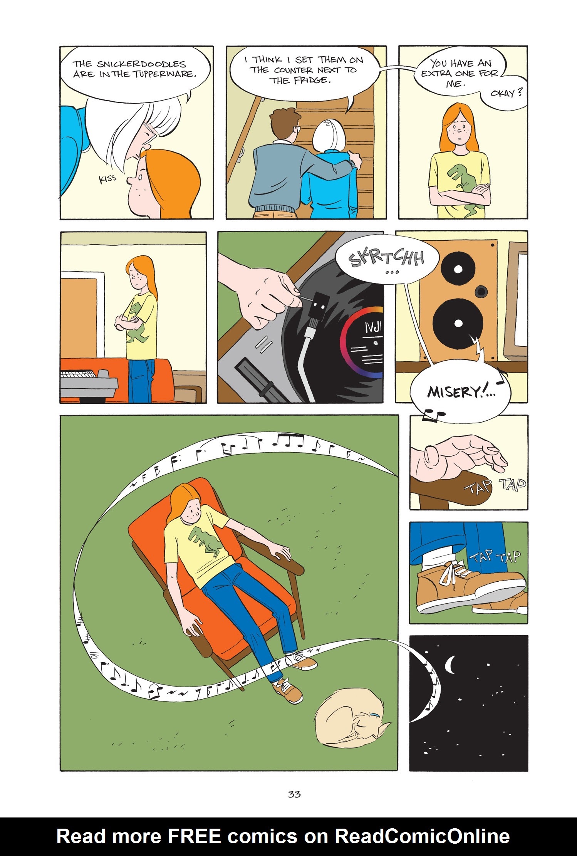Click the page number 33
coord(294,794)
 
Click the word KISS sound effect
coord(107,179)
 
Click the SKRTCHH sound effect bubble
coord(386,258)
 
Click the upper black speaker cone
coord(458,269)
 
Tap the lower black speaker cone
coord(458,323)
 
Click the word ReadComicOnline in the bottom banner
coord(422,836)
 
